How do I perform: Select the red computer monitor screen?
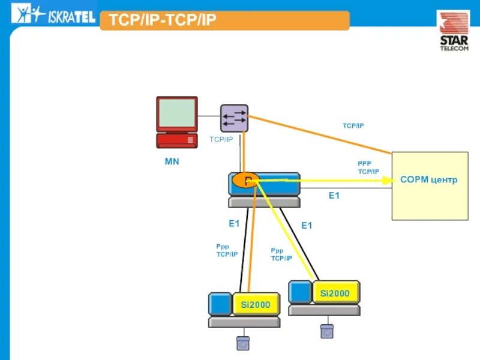pyautogui.click(x=177, y=113)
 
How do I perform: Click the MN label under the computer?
pyautogui.click(x=172, y=162)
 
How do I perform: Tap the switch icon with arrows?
pyautogui.click(x=234, y=118)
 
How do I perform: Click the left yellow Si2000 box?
pyautogui.click(x=256, y=304)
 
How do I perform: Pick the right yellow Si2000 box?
pyautogui.click(x=335, y=293)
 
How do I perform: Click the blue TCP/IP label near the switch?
pyautogui.click(x=221, y=139)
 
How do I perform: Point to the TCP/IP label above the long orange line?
pyautogui.click(x=353, y=125)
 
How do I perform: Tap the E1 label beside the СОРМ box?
pyautogui.click(x=334, y=196)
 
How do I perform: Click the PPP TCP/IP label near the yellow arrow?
pyautogui.click(x=368, y=167)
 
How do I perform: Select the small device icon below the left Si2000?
pyautogui.click(x=243, y=343)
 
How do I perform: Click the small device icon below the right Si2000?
pyautogui.click(x=326, y=331)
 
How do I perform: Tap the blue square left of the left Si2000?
pyautogui.click(x=220, y=304)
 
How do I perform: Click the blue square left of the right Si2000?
pyautogui.click(x=300, y=292)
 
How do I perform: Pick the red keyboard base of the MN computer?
pyautogui.click(x=177, y=140)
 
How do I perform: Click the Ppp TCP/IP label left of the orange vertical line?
pyautogui.click(x=227, y=250)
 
